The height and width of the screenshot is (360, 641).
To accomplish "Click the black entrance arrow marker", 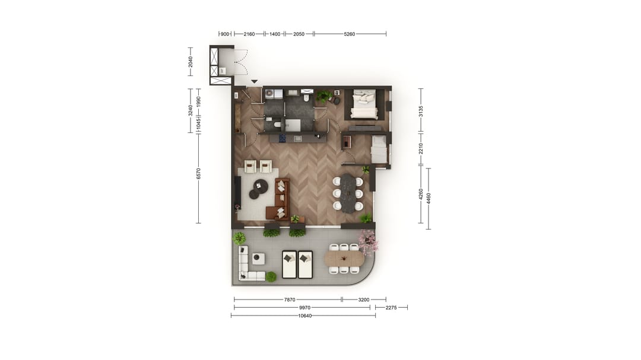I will click(x=254, y=82).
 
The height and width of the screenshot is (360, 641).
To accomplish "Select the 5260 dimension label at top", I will click(x=349, y=34).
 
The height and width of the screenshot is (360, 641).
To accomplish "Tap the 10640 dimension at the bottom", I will click(x=304, y=316).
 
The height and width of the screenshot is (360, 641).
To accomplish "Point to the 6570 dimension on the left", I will click(x=199, y=173).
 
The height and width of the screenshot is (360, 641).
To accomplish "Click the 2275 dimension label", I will click(x=391, y=308).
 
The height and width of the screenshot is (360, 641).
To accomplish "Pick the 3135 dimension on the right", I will click(x=421, y=110).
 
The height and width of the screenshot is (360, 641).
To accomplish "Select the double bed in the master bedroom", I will click(x=364, y=104).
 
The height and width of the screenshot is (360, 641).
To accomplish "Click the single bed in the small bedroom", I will click(x=379, y=149).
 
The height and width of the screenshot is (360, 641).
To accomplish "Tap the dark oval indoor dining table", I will click(x=348, y=193).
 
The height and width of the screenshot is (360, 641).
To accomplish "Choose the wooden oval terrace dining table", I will click(x=344, y=259).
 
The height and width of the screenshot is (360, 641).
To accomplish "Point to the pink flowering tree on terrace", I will click(x=367, y=241).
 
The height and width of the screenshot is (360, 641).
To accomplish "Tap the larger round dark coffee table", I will click(x=261, y=186).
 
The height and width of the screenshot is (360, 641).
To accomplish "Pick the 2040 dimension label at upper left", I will click(x=191, y=62).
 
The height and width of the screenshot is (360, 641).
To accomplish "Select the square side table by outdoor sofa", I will click(x=258, y=258).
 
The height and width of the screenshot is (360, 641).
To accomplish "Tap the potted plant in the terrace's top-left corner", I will click(x=239, y=238).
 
